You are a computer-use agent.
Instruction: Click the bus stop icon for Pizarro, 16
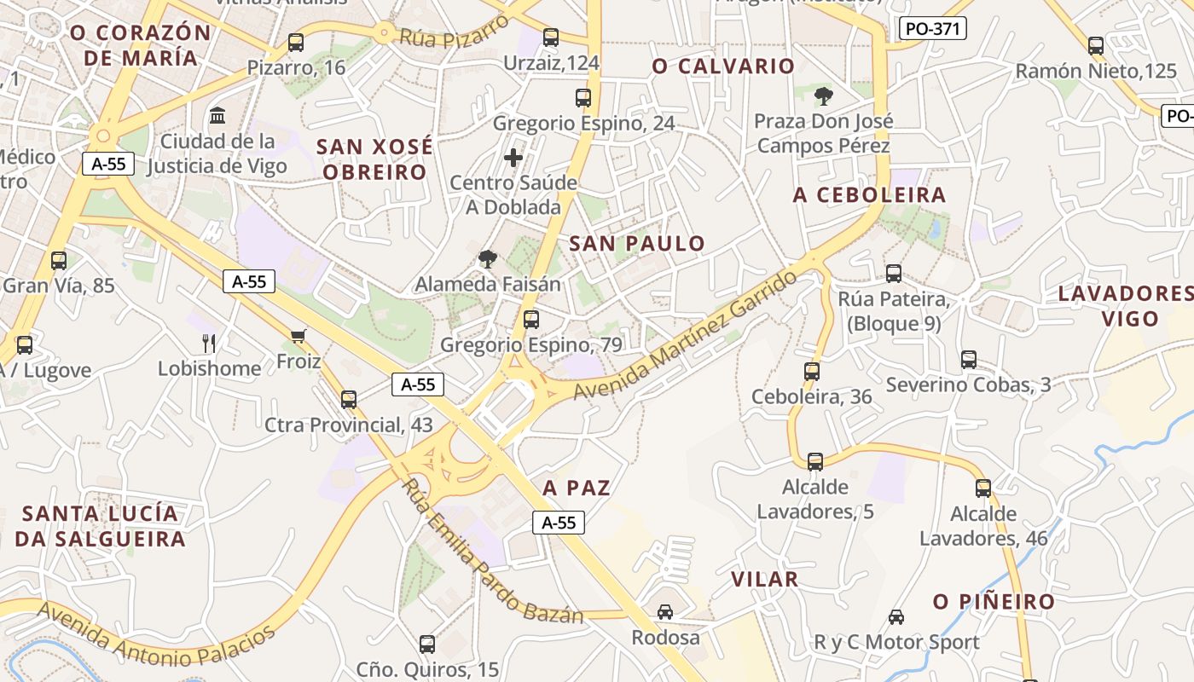click(x=296, y=42)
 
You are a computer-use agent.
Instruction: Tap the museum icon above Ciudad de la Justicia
click(x=217, y=115)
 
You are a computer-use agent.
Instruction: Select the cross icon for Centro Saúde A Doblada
click(x=513, y=157)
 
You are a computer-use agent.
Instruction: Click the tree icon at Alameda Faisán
click(x=488, y=258)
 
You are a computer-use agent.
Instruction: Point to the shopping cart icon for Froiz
click(x=298, y=336)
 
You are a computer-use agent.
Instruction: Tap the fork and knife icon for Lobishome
click(x=209, y=343)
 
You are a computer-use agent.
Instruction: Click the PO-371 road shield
click(x=932, y=28)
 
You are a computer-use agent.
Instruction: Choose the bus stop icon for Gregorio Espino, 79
click(x=531, y=320)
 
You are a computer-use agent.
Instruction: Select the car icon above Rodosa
click(x=665, y=611)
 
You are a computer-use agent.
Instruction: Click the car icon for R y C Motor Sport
click(x=896, y=616)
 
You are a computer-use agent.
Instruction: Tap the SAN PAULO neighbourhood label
click(x=637, y=244)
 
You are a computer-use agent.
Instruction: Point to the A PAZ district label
click(x=577, y=488)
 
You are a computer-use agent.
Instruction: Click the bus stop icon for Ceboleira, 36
click(x=812, y=372)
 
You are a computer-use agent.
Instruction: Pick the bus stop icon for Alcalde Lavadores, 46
click(x=983, y=488)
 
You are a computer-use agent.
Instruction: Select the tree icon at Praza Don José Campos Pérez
click(x=823, y=95)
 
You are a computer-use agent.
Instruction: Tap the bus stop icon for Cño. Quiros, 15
click(x=427, y=644)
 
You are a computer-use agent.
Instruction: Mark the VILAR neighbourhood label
click(x=764, y=580)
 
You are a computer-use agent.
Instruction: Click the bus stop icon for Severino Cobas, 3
click(x=969, y=360)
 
